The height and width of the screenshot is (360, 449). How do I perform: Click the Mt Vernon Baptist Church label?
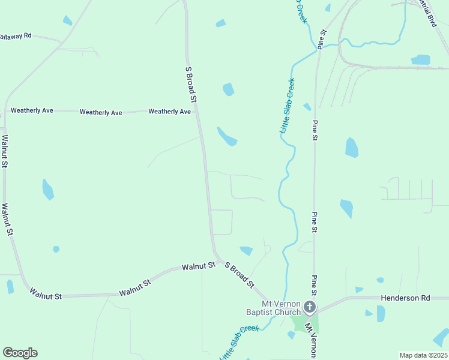point(273,308)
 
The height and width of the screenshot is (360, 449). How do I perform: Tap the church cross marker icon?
point(310,308)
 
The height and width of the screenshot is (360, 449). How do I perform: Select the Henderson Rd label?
point(406,298)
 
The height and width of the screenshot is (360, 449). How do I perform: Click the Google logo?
point(20,353)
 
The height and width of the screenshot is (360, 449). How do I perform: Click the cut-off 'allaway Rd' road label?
point(15,36)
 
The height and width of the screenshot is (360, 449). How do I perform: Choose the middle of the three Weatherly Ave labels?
point(101,112)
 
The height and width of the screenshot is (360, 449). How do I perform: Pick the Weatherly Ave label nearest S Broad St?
point(169,112)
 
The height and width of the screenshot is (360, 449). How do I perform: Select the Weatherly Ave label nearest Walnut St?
point(32,110)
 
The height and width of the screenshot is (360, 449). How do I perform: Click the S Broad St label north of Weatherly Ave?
point(191,85)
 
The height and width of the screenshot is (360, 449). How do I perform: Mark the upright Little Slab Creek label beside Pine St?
point(286,106)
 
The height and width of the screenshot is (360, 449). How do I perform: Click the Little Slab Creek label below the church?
point(238,342)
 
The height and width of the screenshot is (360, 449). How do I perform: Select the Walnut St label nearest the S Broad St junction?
point(198,266)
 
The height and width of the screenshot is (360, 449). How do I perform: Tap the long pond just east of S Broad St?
point(227,137)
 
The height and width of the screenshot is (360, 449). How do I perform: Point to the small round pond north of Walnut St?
point(56,249)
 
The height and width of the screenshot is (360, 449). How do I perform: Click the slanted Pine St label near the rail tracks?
point(322,39)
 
